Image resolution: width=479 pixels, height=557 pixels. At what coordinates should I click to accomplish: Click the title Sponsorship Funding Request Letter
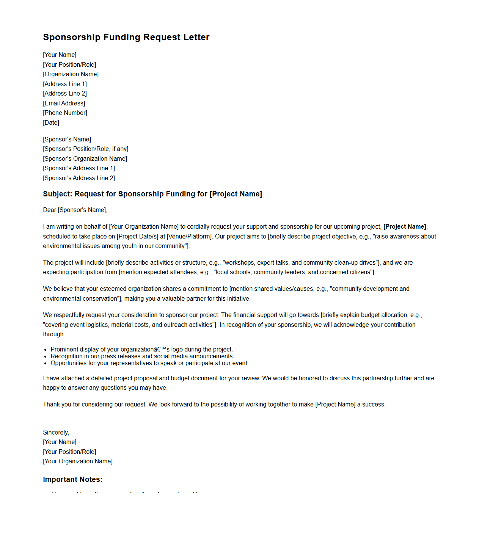(x=126, y=37)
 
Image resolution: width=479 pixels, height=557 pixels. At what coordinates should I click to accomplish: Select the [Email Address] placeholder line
(x=64, y=103)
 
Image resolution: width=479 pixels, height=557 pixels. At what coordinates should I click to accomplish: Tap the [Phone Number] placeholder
(x=65, y=113)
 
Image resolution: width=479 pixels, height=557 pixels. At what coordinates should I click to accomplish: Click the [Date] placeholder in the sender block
(x=51, y=122)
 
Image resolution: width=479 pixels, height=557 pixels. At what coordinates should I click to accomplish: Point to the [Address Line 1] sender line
(x=65, y=84)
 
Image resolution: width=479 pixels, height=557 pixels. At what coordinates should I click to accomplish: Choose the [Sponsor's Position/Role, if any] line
(x=86, y=149)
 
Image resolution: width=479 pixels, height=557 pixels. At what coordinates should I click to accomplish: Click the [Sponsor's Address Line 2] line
(x=79, y=178)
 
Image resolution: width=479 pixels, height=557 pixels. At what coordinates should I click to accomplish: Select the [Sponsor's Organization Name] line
(x=85, y=158)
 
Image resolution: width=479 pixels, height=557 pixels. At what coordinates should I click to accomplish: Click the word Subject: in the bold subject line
(x=57, y=194)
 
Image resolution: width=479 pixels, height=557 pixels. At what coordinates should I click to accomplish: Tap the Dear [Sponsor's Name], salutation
(x=75, y=210)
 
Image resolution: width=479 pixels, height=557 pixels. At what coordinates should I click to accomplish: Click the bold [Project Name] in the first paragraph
(x=405, y=226)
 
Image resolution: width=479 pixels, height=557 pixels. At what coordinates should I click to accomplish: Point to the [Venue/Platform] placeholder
(x=189, y=236)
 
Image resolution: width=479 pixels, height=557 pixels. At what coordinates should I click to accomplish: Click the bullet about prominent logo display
(x=141, y=349)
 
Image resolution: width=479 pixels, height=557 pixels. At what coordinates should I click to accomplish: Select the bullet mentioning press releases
(x=142, y=356)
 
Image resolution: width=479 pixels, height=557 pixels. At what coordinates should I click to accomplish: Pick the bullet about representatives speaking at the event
(x=149, y=363)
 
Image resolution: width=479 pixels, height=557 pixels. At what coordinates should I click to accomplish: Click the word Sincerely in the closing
(x=56, y=432)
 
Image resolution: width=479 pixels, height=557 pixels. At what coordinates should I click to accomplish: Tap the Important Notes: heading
(x=72, y=479)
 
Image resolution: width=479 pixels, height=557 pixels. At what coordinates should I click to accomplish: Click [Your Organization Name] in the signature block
(x=78, y=461)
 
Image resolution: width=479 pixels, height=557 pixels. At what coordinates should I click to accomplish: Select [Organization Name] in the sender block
(x=71, y=74)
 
